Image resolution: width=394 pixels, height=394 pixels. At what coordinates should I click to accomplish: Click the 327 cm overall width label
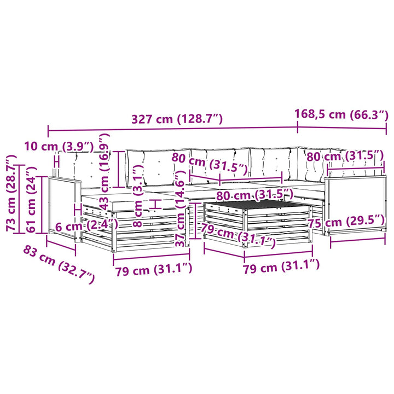(177, 119)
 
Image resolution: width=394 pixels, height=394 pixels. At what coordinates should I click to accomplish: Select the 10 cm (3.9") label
(59, 146)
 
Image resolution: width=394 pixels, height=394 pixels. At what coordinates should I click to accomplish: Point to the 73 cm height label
(11, 193)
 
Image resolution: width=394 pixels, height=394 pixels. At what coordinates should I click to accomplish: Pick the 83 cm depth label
(59, 265)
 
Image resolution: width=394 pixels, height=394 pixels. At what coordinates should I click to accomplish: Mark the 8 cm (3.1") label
(138, 196)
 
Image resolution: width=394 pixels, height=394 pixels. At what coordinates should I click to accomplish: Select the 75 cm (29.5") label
(346, 222)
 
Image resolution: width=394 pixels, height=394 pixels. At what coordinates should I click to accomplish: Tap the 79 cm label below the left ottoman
(154, 270)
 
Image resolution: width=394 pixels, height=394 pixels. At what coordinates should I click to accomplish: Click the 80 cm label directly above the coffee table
(255, 195)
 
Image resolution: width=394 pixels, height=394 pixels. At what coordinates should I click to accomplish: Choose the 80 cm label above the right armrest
(345, 156)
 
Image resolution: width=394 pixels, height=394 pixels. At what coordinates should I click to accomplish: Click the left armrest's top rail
(65, 179)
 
